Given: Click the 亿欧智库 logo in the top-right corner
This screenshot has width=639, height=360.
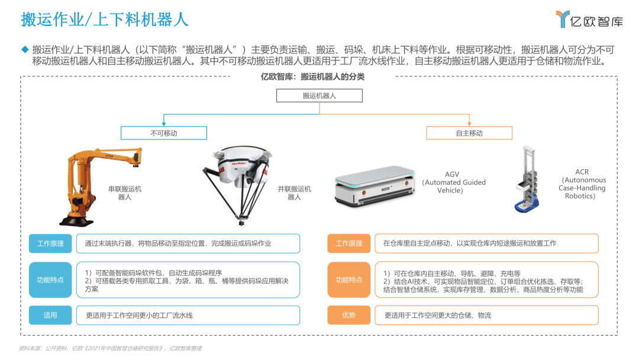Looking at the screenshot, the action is coord(589,20).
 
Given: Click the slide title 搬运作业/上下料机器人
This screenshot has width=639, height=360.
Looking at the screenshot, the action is coord(105,20).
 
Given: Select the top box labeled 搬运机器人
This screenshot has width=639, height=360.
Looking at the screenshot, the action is coord(319,95).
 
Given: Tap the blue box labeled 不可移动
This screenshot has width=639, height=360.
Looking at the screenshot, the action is coord(164,133).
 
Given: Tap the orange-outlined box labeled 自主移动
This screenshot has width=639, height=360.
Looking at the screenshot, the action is coord(469,133).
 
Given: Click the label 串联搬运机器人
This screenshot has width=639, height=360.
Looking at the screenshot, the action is coord(125,193).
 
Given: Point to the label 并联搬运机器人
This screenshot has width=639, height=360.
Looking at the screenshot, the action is coord(294,193).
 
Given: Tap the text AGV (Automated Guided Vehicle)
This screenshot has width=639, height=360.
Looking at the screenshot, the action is coord(454,182).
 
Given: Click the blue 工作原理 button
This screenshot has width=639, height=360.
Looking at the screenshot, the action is coord(50,243).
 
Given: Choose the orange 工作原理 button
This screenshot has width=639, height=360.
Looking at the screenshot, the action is coord(348,243).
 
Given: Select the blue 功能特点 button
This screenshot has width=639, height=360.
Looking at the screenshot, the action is coord(50,279).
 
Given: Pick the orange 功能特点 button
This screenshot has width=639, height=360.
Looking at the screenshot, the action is coord(348,279).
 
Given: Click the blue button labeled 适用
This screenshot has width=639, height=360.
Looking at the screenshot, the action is coord(50,315).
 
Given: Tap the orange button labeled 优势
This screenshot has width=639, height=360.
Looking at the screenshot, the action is coord(348,315).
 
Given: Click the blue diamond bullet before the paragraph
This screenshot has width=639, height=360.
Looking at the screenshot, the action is coord(25,49).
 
